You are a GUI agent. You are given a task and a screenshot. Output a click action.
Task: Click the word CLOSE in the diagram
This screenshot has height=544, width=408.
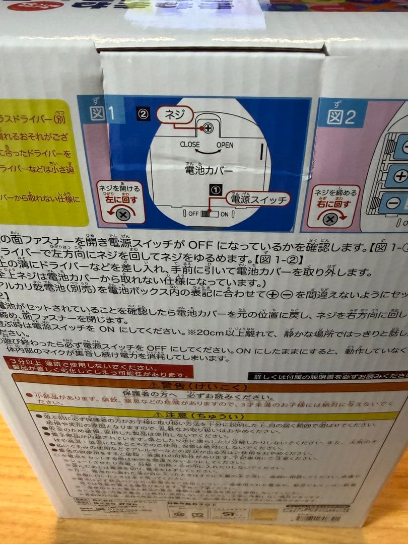(189, 145)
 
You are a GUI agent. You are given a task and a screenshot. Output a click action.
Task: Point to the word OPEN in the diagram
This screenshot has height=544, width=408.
(225, 145)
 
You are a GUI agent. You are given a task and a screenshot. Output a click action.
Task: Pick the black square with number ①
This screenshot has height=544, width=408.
(216, 190)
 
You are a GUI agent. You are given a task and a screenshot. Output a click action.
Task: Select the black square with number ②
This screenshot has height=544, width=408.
(143, 114)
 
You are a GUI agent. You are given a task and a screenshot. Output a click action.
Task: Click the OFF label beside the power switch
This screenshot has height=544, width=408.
(193, 214)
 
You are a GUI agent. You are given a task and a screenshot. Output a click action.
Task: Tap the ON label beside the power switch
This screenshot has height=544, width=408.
(225, 214)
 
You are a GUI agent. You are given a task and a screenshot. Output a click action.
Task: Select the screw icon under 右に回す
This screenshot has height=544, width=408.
(330, 219)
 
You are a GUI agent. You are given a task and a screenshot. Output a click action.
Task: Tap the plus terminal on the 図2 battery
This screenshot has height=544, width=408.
(400, 176)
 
